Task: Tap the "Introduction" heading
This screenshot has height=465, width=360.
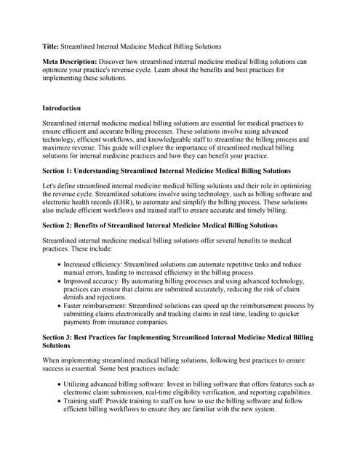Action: point(61,108)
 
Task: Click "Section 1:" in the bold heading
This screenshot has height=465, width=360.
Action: point(61,171)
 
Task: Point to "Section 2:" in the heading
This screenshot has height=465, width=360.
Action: point(61,225)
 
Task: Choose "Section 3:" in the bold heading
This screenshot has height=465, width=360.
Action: point(61,337)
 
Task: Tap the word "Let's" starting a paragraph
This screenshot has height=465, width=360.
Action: point(52,187)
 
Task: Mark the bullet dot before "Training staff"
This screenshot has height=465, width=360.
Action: point(58,400)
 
